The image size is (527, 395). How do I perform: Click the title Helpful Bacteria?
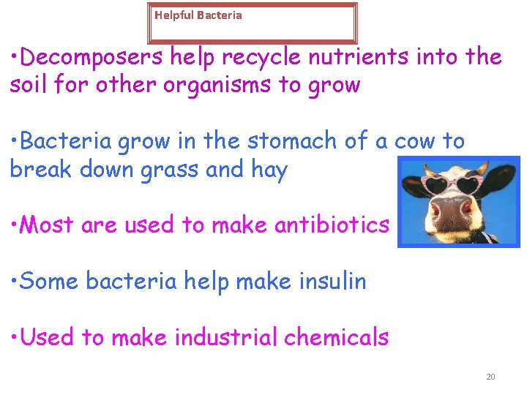tap(198, 15)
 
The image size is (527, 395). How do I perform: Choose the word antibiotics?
tap(332, 225)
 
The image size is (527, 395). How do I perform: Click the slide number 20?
tap(490, 377)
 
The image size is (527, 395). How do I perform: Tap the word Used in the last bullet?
tap(48, 337)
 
